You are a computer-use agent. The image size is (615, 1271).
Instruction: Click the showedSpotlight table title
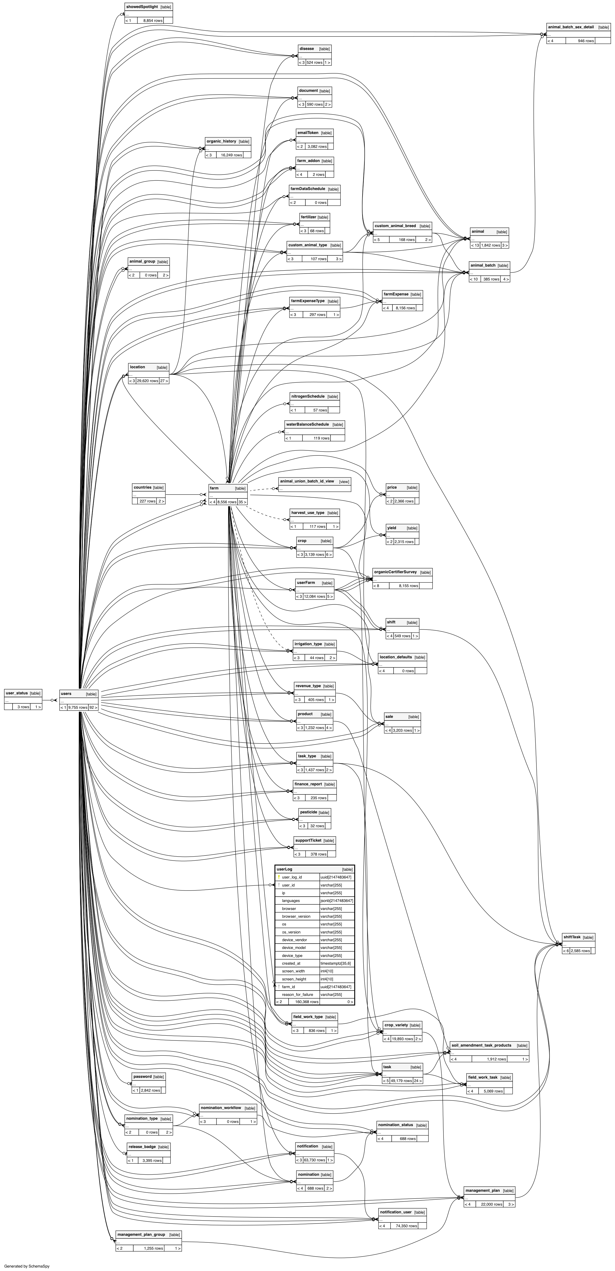point(142,7)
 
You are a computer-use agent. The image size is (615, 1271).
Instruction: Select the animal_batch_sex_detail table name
point(571,27)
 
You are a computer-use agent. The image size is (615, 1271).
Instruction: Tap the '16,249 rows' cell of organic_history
point(231,155)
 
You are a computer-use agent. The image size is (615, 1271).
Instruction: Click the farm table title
point(214,488)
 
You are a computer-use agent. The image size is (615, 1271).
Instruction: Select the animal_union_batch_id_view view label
point(307,481)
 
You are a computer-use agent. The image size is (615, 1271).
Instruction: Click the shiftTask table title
point(572,937)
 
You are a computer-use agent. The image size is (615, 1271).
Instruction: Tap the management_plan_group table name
point(141,1234)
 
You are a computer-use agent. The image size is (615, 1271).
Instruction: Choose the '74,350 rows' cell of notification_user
point(406,1226)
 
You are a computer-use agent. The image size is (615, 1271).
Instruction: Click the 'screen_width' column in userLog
point(294,971)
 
